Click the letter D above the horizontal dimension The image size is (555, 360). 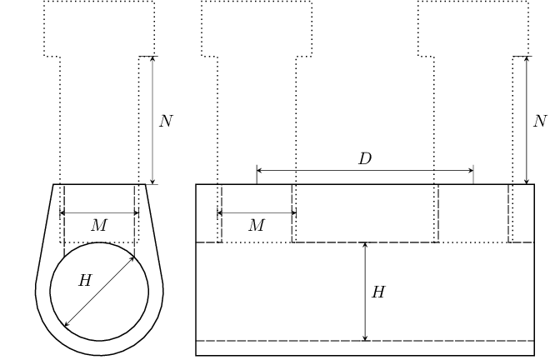coord(365,159)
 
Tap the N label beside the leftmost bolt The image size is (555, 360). coord(166,122)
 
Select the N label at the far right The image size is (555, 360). coord(540,122)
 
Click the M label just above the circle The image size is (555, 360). coord(98,226)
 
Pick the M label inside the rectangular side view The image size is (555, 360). coord(256,226)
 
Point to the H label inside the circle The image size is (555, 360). coord(84,281)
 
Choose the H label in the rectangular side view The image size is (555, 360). coord(378,292)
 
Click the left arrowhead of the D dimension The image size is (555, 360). coord(259,171)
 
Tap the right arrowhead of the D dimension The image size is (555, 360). coord(470,171)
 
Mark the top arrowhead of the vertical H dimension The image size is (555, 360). coord(365,246)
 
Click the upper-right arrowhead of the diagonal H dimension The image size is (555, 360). coord(132,259)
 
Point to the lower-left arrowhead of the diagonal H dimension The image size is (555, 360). coord(67,324)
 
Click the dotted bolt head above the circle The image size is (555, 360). coord(99,28)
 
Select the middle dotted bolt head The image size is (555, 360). coord(257,28)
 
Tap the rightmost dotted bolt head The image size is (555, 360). coord(473,28)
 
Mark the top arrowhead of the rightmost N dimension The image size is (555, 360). coord(526,59)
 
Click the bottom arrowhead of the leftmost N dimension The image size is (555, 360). coord(152,181)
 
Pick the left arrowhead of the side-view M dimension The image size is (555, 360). coord(220,213)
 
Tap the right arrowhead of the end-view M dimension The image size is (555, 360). coord(136,213)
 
